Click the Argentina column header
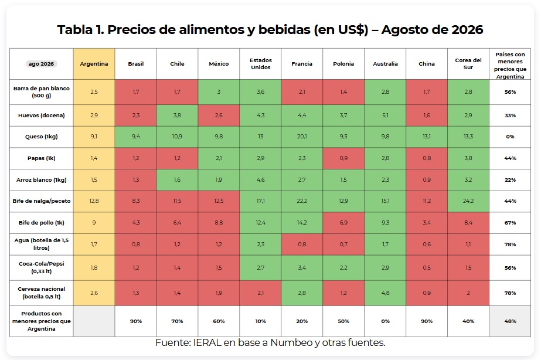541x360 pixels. click(94, 64)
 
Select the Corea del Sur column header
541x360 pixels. click(468, 64)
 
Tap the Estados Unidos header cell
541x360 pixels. click(260, 64)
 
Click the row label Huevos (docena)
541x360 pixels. click(42, 116)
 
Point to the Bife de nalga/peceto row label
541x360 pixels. click(42, 201)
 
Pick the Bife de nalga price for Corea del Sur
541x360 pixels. click(468, 201)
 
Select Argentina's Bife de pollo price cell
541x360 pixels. click(94, 223)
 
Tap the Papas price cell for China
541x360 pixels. click(427, 158)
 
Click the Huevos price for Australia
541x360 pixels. click(385, 116)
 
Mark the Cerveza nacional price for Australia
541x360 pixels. click(385, 293)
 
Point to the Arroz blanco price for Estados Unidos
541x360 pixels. click(260, 180)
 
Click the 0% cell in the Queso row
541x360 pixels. click(510, 137)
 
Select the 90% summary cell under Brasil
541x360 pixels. click(135, 321)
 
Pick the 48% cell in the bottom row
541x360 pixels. click(510, 321)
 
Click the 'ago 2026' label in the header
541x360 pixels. click(41, 64)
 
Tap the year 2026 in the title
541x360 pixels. click(467, 30)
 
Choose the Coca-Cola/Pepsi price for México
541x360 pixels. click(219, 268)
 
